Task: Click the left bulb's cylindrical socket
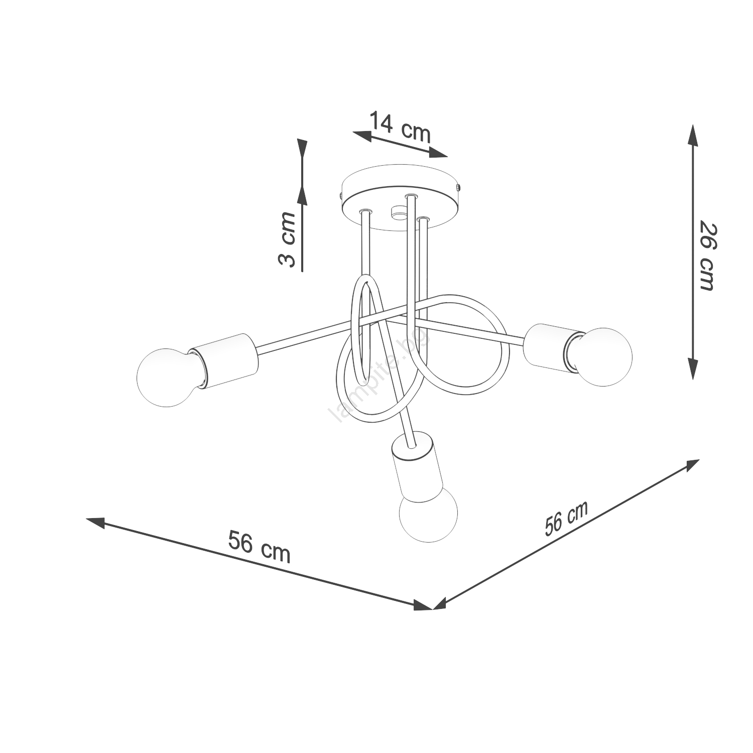[225, 360]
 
